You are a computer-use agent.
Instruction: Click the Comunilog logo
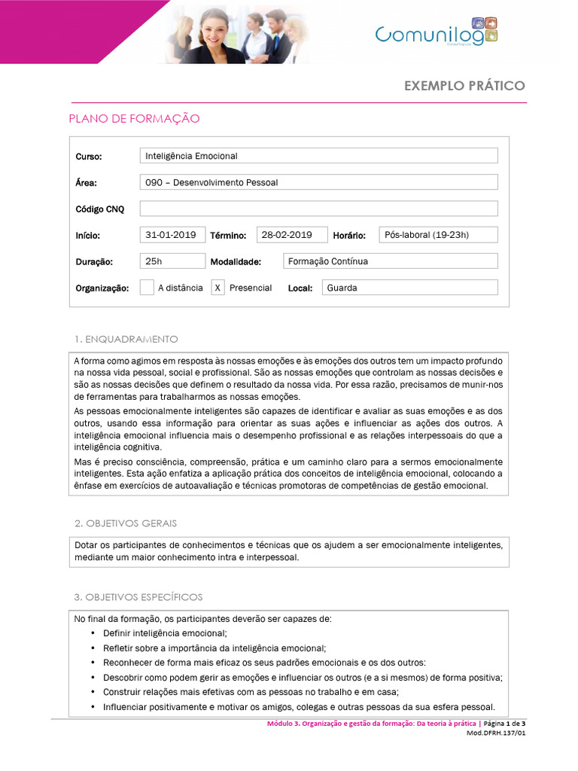437,32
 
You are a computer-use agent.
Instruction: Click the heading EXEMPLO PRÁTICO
464,85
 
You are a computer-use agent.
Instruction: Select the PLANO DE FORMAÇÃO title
134,118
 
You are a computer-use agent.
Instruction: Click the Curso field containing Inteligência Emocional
318,156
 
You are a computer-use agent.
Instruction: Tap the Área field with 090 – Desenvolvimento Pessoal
318,182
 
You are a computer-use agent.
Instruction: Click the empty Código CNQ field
318,209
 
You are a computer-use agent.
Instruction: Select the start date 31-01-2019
172,235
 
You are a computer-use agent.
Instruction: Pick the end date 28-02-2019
292,235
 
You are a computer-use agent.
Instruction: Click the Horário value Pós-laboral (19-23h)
437,235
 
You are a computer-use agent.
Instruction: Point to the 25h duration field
172,261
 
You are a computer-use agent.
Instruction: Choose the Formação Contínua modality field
390,261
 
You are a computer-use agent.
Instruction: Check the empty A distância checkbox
148,288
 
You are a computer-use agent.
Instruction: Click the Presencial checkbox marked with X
218,288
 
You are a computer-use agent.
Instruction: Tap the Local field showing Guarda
409,288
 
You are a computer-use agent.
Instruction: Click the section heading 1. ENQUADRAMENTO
126,339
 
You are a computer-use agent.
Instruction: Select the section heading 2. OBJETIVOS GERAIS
126,523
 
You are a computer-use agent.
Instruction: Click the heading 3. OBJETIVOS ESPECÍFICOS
138,597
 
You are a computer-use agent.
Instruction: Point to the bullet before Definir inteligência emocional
93,633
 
